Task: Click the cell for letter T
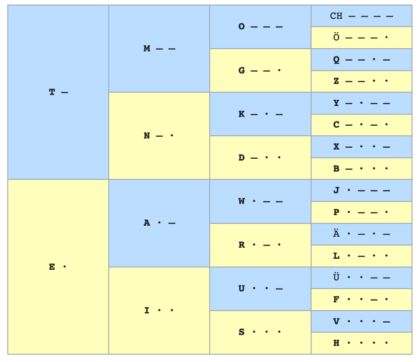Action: point(58,92)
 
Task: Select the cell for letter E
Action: point(58,267)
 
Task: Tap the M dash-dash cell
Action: point(159,49)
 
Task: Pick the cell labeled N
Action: point(159,136)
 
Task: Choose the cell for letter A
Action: point(159,223)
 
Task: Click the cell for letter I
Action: point(159,311)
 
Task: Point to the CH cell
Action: point(361,16)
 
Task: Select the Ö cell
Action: point(361,38)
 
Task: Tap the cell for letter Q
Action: point(361,60)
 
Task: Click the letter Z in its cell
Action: point(336,81)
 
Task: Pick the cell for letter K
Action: point(260,114)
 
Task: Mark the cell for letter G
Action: point(260,71)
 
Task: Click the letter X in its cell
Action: point(336,147)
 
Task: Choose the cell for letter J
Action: point(361,190)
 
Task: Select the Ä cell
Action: point(361,234)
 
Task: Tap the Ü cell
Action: point(361,278)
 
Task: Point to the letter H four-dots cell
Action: point(361,343)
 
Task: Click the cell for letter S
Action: point(260,332)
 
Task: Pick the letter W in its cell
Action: point(242,201)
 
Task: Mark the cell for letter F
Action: point(361,300)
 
